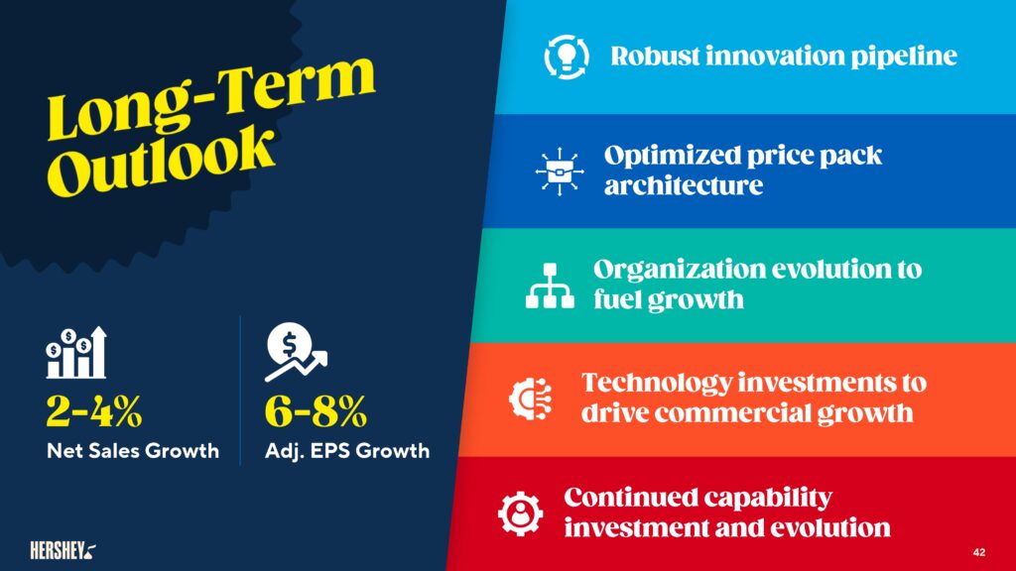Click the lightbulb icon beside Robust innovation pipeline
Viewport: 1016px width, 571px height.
567,57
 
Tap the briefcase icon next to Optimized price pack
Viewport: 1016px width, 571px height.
560,171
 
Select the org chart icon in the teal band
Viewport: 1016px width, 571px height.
550,285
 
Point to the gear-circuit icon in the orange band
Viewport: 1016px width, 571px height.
531,399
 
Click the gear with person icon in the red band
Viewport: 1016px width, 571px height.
520,514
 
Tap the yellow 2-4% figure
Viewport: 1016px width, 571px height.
94,410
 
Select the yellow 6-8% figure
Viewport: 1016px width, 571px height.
316,410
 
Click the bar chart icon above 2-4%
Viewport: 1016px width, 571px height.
75,352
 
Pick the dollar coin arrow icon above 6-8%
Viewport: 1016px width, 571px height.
296,352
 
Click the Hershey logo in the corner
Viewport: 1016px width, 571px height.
63,550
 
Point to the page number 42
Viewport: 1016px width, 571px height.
979,552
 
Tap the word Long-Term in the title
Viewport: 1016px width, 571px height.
210,97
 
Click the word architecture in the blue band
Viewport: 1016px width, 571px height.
684,185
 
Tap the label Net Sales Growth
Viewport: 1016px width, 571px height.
133,451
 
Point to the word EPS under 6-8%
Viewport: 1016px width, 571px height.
329,451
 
